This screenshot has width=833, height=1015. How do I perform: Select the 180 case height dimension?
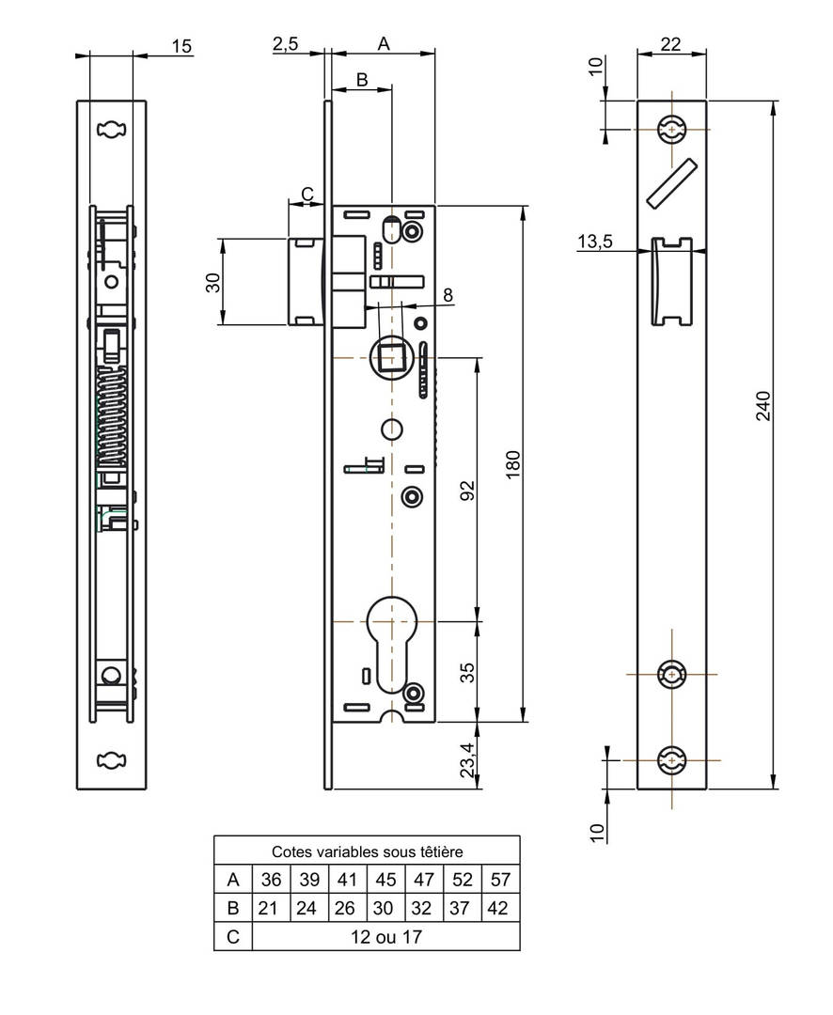pyautogui.click(x=512, y=464)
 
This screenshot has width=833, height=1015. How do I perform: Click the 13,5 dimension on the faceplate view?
pyautogui.click(x=594, y=242)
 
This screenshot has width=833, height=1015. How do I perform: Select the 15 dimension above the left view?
pyautogui.click(x=181, y=46)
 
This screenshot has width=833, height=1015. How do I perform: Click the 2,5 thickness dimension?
pyautogui.click(x=287, y=44)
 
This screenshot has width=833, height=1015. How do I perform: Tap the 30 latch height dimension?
pyautogui.click(x=214, y=282)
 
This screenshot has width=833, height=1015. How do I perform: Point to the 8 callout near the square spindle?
pyautogui.click(x=448, y=294)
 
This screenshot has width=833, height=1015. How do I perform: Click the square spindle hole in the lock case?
pyautogui.click(x=391, y=357)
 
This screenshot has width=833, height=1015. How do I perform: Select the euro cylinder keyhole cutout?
pyautogui.click(x=391, y=643)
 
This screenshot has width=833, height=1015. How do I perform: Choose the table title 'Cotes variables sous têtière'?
pyautogui.click(x=367, y=851)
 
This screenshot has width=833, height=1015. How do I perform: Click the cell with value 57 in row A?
pyautogui.click(x=500, y=881)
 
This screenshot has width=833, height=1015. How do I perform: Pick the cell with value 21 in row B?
pyautogui.click(x=271, y=909)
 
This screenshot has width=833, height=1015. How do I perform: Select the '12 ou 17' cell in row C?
pyautogui.click(x=385, y=937)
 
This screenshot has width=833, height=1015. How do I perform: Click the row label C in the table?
pyautogui.click(x=232, y=937)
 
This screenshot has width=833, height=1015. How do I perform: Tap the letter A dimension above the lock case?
pyautogui.click(x=383, y=43)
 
